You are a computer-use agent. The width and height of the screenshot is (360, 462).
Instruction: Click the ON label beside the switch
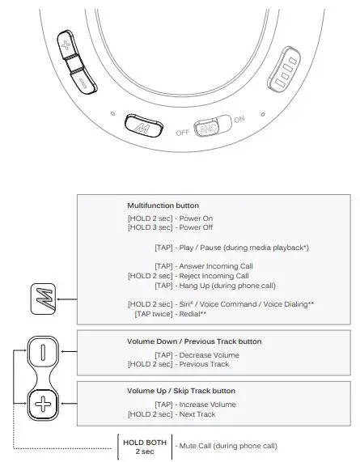tap(239, 120)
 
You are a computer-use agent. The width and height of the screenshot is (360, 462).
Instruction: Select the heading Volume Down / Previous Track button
tap(194, 341)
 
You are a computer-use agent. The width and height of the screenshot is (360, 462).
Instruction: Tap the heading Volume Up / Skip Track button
tap(185, 391)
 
